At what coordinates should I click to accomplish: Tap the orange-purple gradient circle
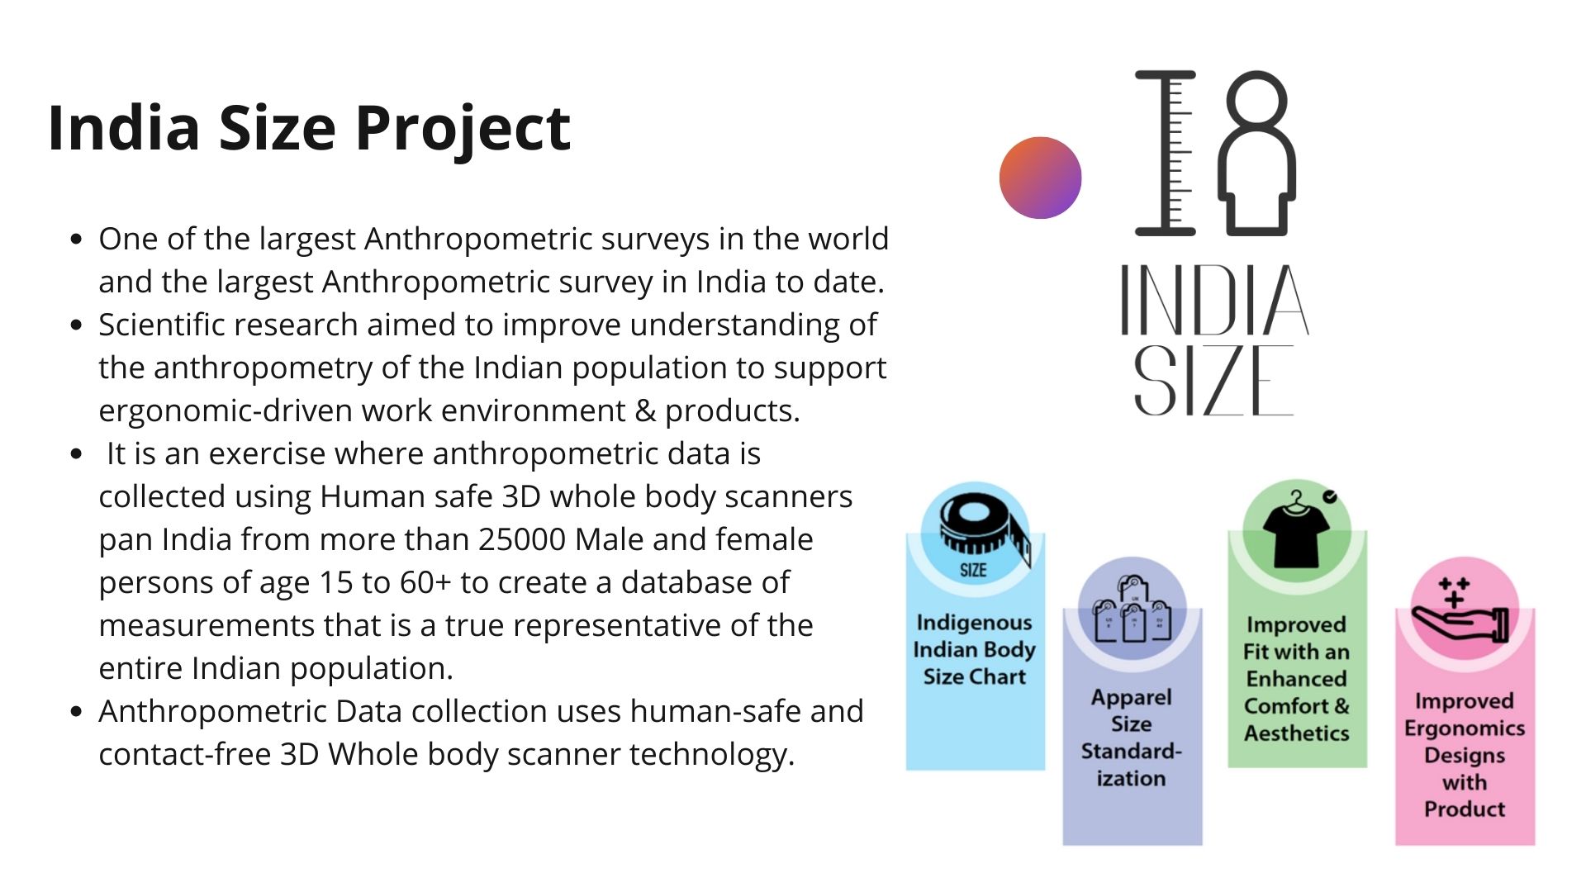pyautogui.click(x=1040, y=178)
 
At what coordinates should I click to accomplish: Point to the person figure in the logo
pyautogui.click(x=1256, y=153)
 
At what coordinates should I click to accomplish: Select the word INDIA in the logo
pyautogui.click(x=1214, y=300)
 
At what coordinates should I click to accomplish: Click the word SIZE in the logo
pyautogui.click(x=1213, y=380)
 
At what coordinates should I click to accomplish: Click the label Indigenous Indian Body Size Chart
pyautogui.click(x=975, y=650)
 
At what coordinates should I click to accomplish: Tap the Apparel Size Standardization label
pyautogui.click(x=1132, y=738)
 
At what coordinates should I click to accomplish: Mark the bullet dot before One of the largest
pyautogui.click(x=77, y=240)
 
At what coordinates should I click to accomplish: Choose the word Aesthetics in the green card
pyautogui.click(x=1297, y=733)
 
